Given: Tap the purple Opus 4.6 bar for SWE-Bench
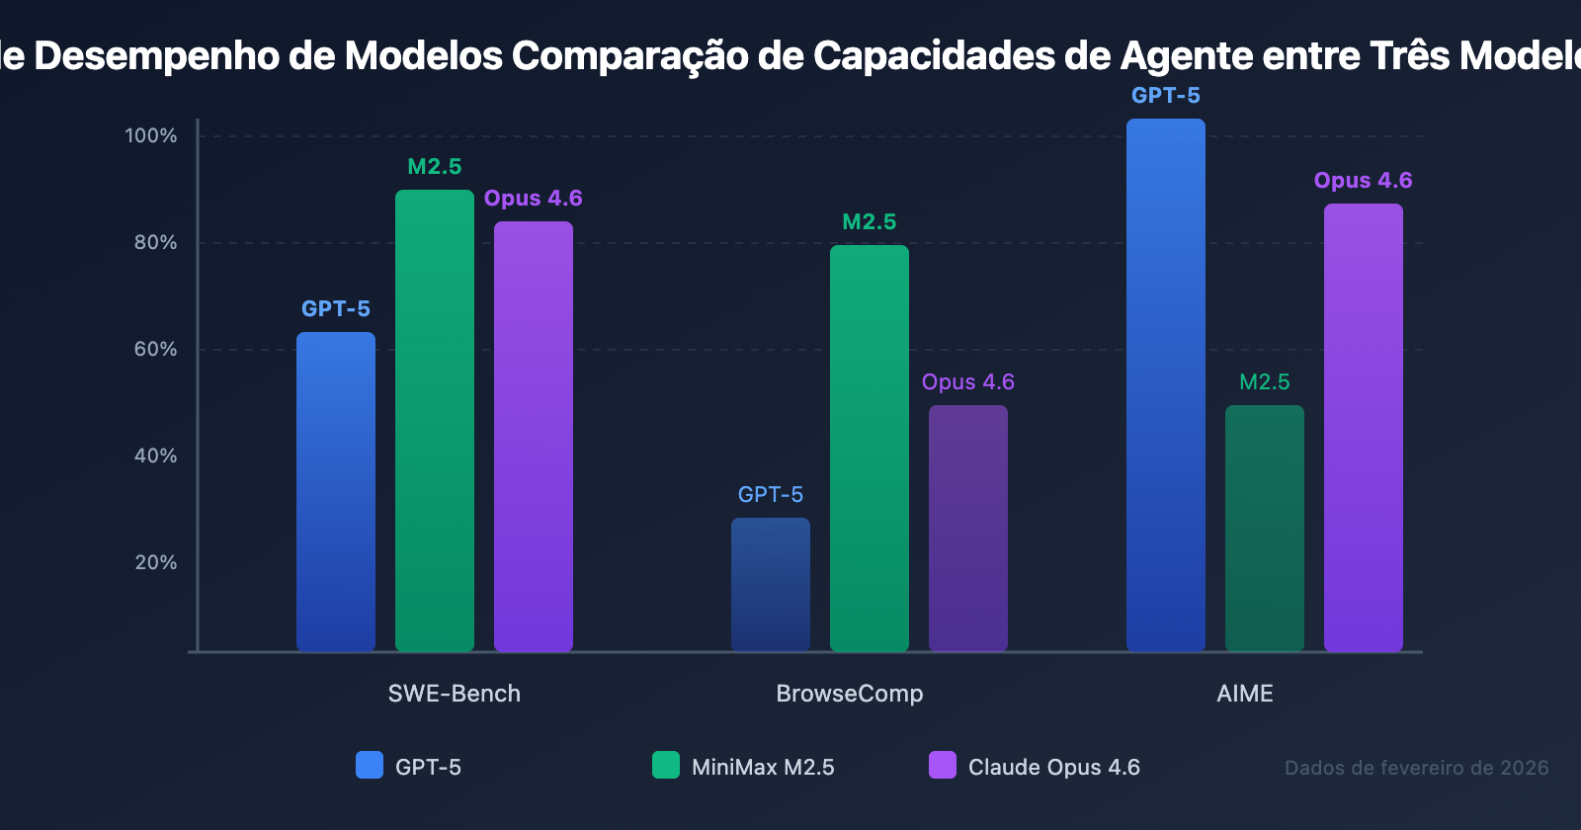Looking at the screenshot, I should (x=534, y=436).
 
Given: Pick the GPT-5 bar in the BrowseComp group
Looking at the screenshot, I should (x=771, y=584).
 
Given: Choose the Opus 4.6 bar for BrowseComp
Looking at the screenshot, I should (x=968, y=528).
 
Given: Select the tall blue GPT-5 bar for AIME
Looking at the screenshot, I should (x=1166, y=384).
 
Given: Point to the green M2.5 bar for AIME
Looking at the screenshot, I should (x=1265, y=528).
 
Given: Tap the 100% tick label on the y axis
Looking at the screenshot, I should (x=151, y=135).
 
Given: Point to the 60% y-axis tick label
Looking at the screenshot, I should (x=155, y=349).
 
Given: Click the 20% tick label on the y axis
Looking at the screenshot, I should (x=155, y=562).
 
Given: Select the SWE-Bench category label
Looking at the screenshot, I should (x=455, y=694).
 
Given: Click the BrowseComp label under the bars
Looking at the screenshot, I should (x=850, y=694).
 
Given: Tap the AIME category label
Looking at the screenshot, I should (x=1245, y=694).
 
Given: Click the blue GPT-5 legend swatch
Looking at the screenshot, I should (x=370, y=765).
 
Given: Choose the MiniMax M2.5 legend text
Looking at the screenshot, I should (x=763, y=767).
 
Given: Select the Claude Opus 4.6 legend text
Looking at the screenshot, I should (x=1053, y=767).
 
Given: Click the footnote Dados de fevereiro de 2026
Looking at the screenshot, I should (x=1416, y=768).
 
